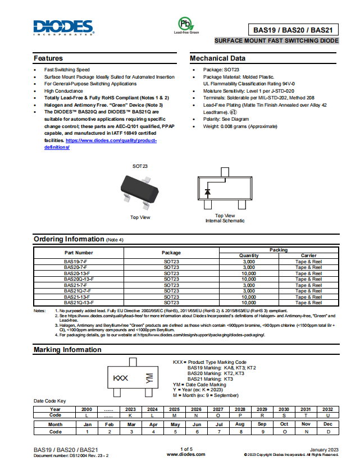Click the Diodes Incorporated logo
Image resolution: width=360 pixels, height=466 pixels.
pos(62,27)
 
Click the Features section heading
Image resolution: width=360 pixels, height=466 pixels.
pos(48,58)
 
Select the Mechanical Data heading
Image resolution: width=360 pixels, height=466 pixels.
pos(217,58)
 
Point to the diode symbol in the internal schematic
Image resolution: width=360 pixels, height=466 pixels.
pos(208,191)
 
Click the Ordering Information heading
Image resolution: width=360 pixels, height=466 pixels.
pos(69,239)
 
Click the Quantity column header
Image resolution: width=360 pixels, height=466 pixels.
pos(249,255)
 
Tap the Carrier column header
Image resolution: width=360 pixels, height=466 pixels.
pos(308,255)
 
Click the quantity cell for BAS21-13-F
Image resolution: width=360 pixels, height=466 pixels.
pos(249,296)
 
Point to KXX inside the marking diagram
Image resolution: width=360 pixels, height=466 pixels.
pos(121,378)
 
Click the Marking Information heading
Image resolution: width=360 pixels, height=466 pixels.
pos(67,350)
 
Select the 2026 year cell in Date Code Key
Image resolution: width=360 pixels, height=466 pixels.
pos(196,409)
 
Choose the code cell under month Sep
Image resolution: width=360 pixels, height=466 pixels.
pos(262,432)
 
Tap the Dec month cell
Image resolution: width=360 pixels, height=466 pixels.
pos(328,424)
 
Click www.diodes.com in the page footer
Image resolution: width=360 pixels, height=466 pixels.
pos(186,454)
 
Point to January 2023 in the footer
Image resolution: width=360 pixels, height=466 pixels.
pos(324,449)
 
